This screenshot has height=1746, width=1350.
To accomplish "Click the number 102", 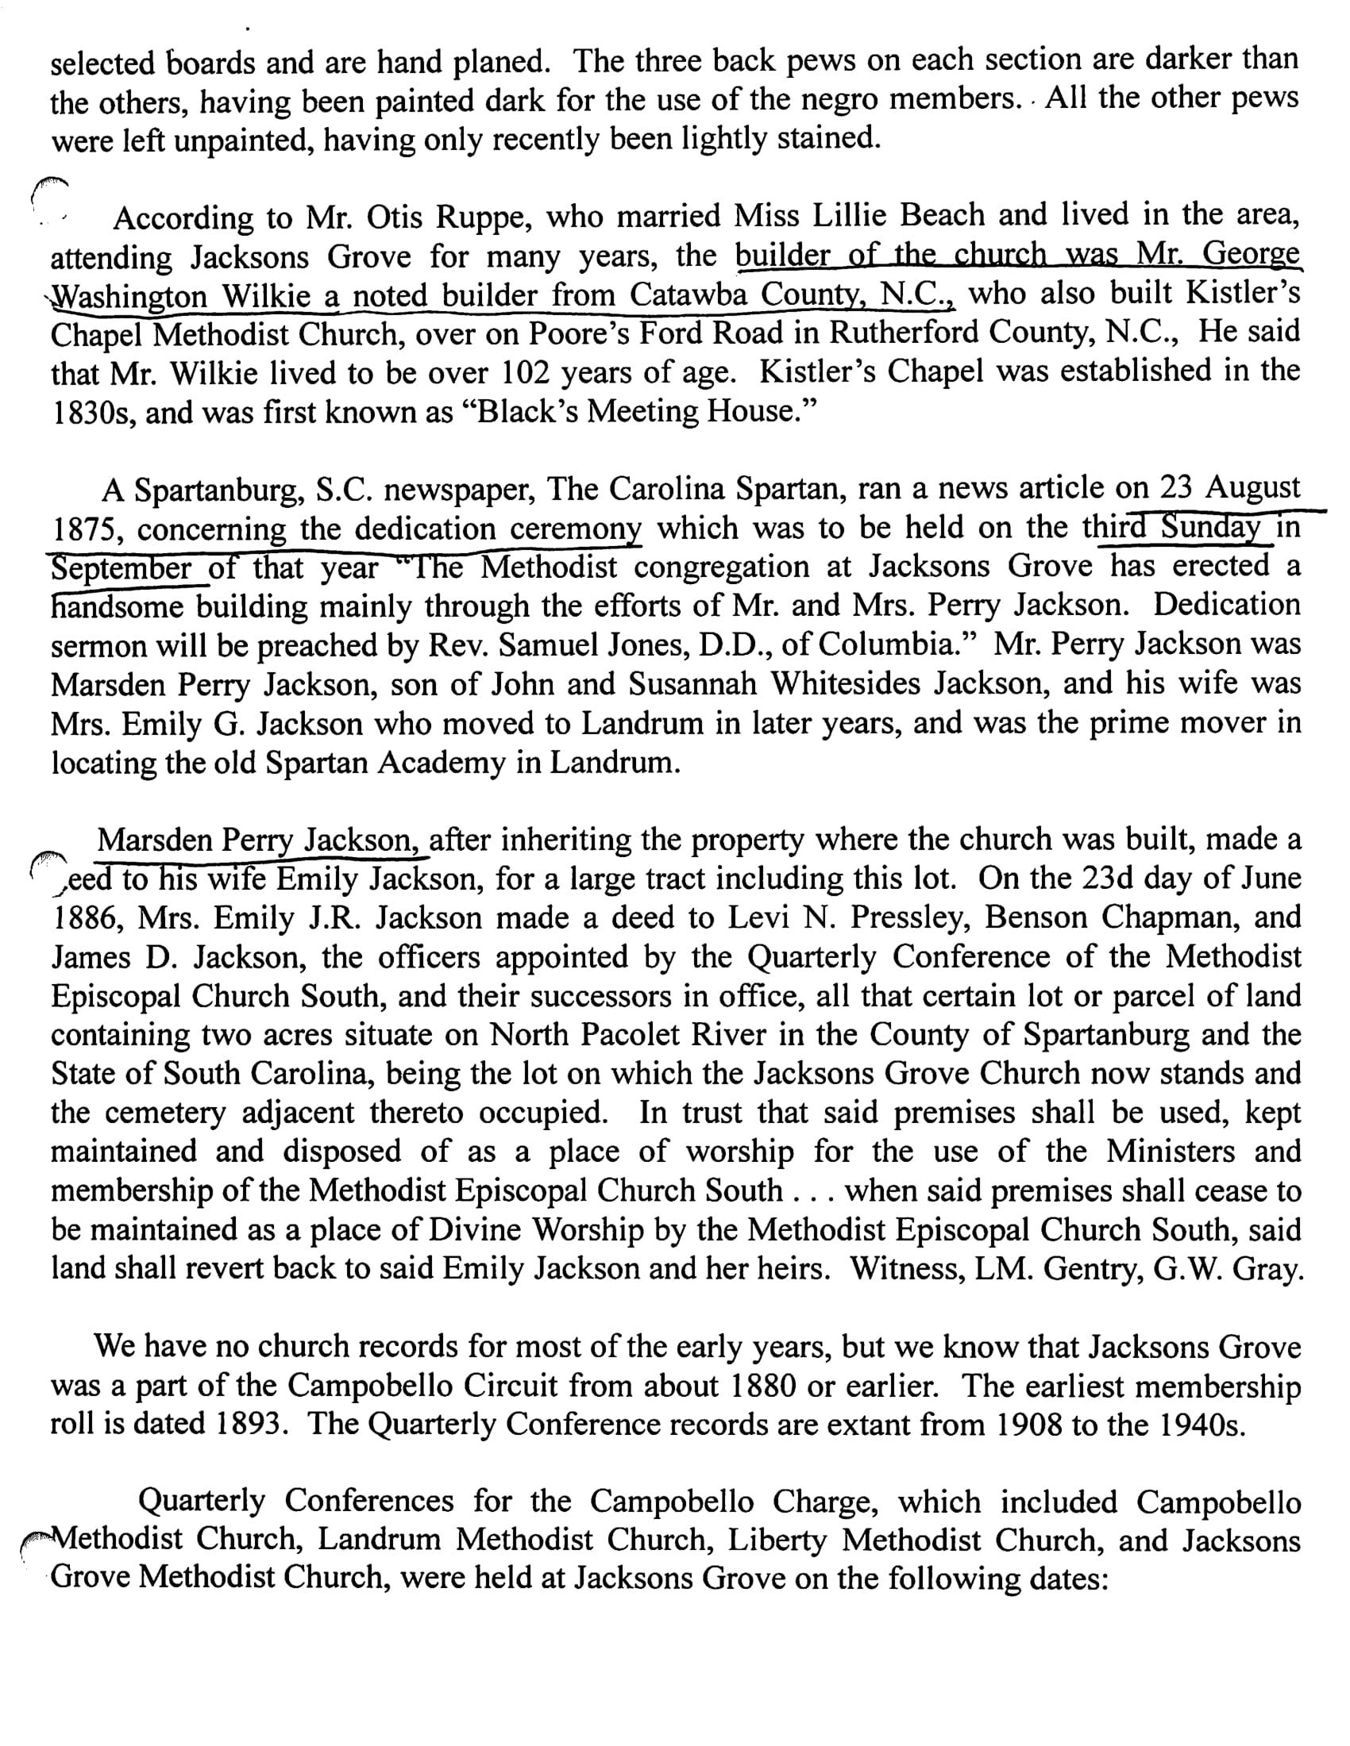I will [528, 373].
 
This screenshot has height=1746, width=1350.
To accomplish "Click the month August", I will [1252, 487].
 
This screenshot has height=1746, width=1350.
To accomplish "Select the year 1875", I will [87, 530].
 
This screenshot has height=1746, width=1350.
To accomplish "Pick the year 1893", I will [250, 1425].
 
